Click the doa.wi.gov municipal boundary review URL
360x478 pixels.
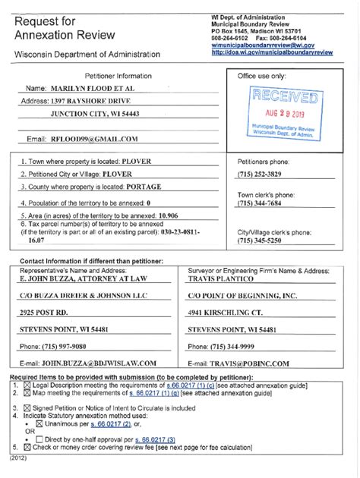pyautogui.click(x=272, y=52)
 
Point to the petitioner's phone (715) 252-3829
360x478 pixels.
pyautogui.click(x=262, y=176)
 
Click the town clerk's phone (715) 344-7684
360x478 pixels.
pyautogui.click(x=262, y=203)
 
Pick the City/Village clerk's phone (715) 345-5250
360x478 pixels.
pyautogui.click(x=262, y=241)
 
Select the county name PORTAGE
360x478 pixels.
pyautogui.click(x=146, y=189)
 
